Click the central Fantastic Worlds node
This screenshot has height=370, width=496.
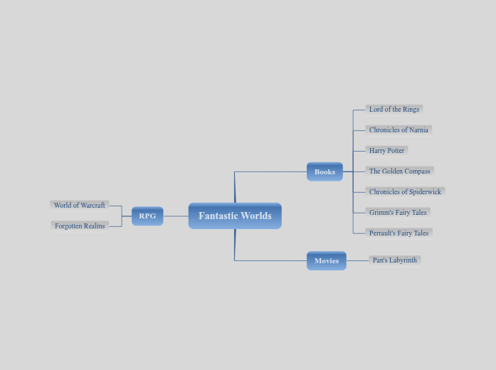[x=235, y=216]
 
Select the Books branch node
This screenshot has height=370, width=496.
[x=324, y=171]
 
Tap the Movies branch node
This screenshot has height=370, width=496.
[x=326, y=260]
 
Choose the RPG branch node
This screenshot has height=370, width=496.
[x=147, y=216]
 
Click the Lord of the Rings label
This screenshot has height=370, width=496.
[x=394, y=110]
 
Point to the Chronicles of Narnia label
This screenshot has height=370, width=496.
[x=399, y=130]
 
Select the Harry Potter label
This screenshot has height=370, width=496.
[x=386, y=151]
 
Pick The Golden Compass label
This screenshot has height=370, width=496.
[x=399, y=171]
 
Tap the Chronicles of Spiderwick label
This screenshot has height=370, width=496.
[x=405, y=191]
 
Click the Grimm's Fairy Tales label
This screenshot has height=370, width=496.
[x=398, y=212]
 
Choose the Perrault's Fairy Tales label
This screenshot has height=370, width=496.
[x=399, y=233]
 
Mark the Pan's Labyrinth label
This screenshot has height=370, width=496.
[x=395, y=260]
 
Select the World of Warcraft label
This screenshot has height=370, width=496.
[x=79, y=205]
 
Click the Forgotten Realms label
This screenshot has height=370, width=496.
[x=80, y=226]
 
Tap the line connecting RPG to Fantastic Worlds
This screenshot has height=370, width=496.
[x=176, y=216]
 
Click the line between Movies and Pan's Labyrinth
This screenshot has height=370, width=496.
[x=357, y=260]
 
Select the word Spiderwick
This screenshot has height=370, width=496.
[x=424, y=191]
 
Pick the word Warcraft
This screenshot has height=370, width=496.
[x=91, y=205]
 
